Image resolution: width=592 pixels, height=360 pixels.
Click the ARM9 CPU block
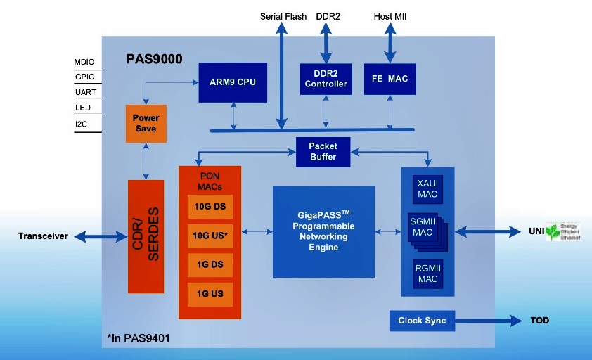coord(232,82)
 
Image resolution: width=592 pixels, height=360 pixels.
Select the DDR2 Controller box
coord(326,79)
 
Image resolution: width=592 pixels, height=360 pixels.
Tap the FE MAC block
coord(390,79)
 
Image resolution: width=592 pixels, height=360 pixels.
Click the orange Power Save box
coord(146,123)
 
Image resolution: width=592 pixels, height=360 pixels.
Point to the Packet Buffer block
coord(323,151)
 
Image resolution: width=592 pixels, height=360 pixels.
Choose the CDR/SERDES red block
coord(146,236)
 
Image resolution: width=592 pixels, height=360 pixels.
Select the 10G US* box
coord(210,234)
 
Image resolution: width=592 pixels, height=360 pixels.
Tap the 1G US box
coord(210,292)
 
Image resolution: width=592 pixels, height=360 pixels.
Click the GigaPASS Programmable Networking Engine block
coord(323,231)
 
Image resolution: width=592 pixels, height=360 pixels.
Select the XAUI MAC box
coord(427,188)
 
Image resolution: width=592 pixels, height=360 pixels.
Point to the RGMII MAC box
coord(427,274)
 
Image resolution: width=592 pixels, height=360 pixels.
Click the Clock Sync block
coord(422,321)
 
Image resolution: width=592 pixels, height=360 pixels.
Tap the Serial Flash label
coord(283,17)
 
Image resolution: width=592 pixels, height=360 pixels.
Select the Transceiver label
coord(43,236)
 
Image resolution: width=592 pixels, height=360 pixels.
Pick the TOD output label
coord(539,321)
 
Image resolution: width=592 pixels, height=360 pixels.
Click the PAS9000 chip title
coord(154,59)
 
